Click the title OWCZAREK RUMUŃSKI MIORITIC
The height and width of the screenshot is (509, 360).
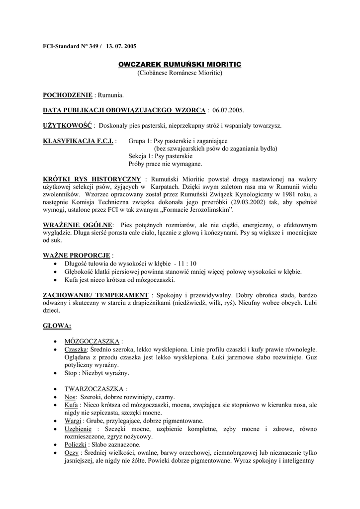click(180, 65)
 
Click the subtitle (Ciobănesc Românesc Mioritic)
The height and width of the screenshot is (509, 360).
click(180, 73)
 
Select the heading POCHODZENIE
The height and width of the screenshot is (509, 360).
click(68, 94)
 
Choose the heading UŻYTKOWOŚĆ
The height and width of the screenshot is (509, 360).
click(64, 126)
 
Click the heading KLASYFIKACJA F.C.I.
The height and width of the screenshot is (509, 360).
click(79, 141)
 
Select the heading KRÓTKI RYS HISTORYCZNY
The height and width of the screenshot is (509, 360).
click(92, 179)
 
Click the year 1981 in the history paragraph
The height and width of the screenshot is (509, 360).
click(283, 195)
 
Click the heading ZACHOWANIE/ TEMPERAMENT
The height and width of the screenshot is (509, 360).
click(95, 295)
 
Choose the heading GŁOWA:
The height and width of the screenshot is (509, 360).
click(57, 326)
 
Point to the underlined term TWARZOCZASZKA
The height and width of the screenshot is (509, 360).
click(94, 389)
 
